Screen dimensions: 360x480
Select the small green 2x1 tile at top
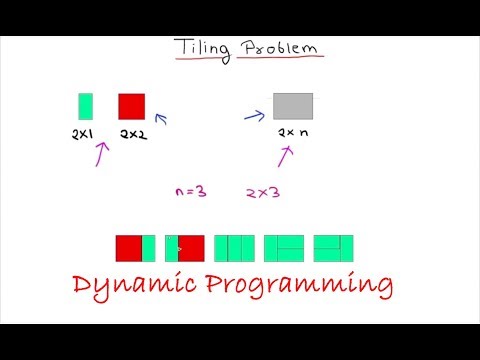tap(85, 106)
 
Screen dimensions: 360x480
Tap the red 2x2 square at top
tap(132, 106)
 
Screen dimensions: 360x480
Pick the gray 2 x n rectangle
tap(292, 106)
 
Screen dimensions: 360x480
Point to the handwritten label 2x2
tap(132, 133)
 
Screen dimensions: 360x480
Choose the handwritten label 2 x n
tap(293, 132)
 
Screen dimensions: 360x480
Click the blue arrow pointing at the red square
tap(160, 120)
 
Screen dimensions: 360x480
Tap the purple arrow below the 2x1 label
tap(101, 152)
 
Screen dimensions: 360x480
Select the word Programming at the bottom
tap(305, 287)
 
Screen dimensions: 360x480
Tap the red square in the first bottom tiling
tap(128, 248)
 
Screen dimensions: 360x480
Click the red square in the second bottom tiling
tap(191, 248)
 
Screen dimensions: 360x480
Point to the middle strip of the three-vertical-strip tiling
tap(235, 248)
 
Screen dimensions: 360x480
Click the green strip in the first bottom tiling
tap(149, 248)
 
